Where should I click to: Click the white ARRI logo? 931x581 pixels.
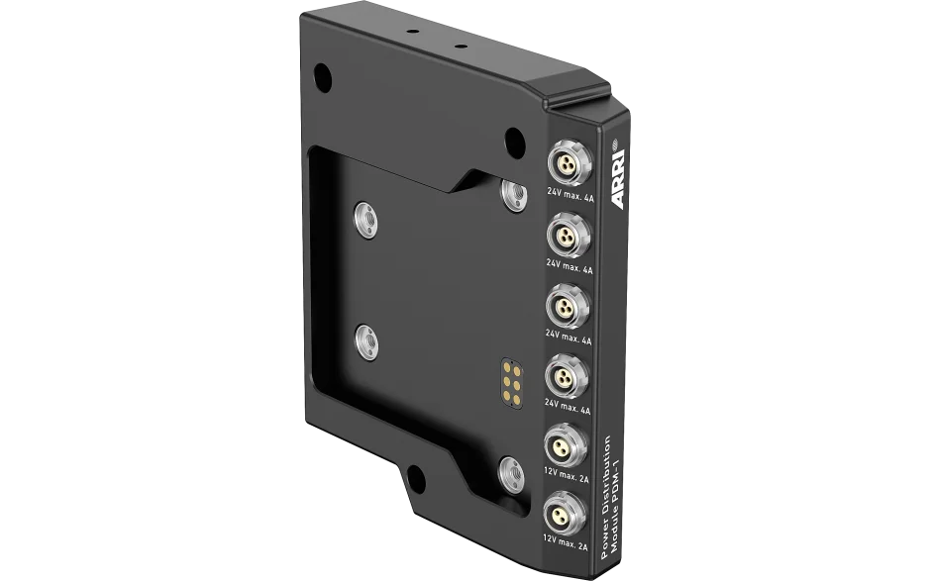click(x=618, y=178)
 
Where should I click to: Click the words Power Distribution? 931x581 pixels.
click(x=606, y=497)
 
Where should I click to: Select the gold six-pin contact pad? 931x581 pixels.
click(x=512, y=383)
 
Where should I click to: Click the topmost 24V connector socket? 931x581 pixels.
click(x=569, y=163)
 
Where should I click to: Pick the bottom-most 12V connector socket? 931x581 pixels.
click(x=564, y=515)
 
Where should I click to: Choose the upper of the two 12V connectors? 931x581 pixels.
click(x=565, y=446)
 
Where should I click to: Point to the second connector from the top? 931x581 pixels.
click(x=568, y=235)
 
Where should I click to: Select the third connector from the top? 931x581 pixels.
click(x=568, y=306)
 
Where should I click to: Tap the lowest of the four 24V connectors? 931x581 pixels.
click(x=566, y=376)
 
